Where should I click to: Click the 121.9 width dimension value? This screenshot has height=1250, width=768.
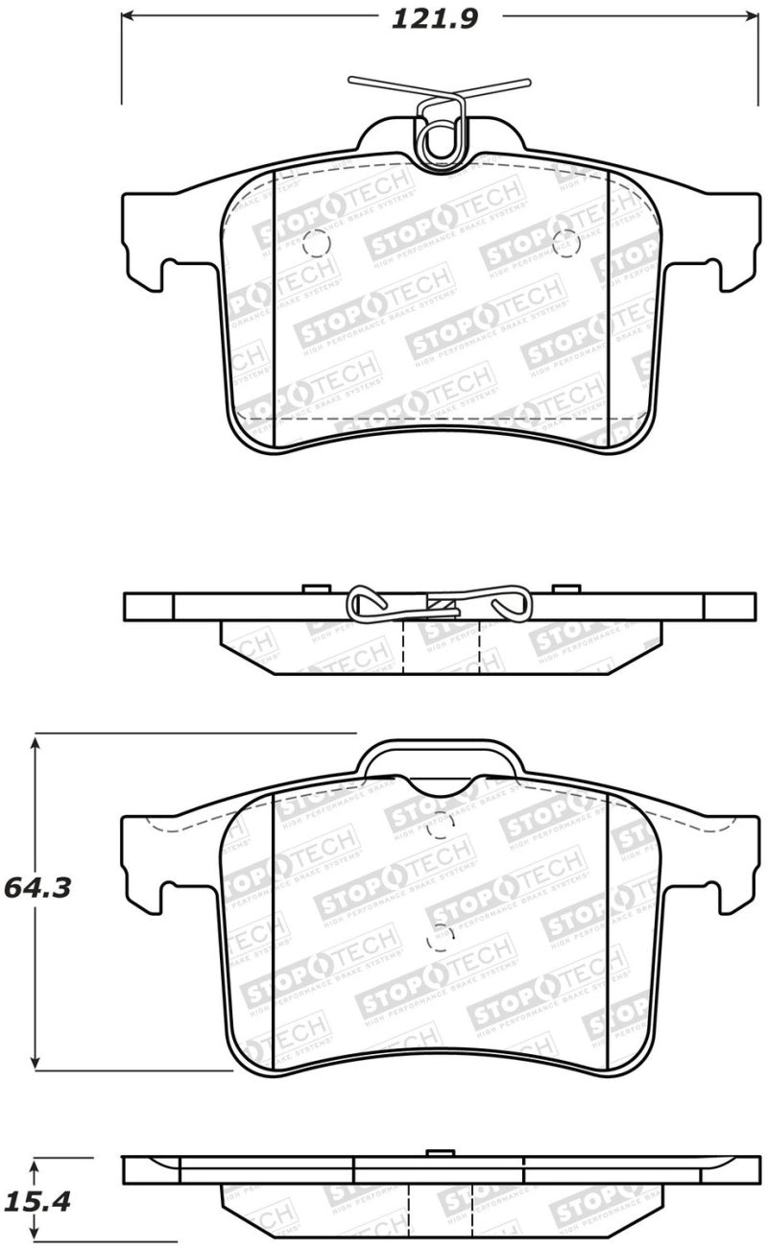tap(434, 18)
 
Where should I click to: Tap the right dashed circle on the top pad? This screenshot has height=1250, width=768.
tap(564, 243)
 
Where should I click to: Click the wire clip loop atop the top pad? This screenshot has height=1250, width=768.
tap(442, 134)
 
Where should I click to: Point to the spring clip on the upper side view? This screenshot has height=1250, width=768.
tap(437, 603)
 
